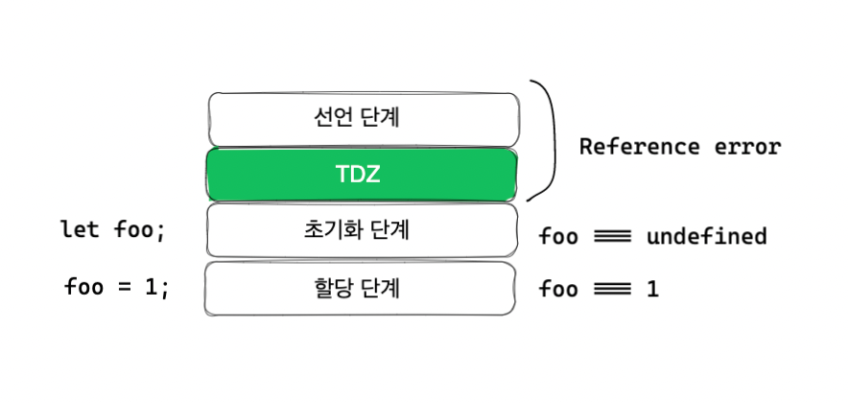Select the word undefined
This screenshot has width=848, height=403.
[706, 236]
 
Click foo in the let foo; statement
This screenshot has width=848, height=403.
[130, 230]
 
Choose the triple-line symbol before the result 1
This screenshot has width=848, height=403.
[611, 288]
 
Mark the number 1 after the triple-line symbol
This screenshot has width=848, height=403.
[652, 288]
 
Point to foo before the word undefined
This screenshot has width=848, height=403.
[558, 236]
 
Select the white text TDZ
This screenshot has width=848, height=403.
[362, 174]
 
